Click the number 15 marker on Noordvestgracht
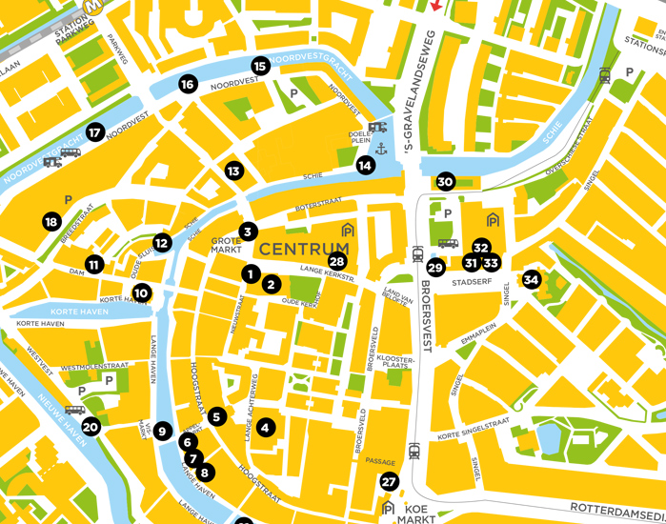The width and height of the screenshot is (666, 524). click(x=260, y=66)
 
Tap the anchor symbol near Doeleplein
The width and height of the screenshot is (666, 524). click(x=379, y=149)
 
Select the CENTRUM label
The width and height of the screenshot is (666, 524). click(x=304, y=250)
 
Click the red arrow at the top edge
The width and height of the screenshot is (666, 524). click(x=436, y=6)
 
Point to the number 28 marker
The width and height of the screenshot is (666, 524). click(x=336, y=261)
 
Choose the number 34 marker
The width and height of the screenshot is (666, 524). click(x=531, y=280)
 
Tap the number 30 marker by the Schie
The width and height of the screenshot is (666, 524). click(x=445, y=182)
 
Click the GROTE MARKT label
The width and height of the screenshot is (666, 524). click(x=226, y=247)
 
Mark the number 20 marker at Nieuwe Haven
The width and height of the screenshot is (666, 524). click(x=91, y=427)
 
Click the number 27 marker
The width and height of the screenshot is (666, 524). click(x=388, y=482)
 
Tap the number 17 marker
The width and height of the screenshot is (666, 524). click(x=94, y=132)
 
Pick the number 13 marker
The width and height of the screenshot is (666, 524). click(x=233, y=171)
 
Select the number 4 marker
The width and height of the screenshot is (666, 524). click(x=266, y=429)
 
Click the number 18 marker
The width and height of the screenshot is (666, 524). click(x=51, y=222)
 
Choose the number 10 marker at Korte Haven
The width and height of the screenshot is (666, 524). click(x=141, y=292)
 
